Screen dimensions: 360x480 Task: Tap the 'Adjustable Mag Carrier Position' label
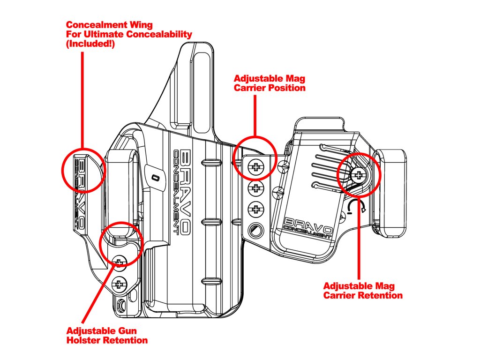[270, 83]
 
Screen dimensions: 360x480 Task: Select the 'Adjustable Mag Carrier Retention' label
[363, 291]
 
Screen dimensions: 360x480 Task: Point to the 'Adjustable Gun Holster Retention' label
[107, 335]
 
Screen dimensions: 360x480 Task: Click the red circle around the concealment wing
[83, 171]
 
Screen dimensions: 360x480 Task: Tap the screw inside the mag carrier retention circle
[359, 176]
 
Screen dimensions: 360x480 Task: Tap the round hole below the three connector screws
[255, 230]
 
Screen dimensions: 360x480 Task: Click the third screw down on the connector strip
[255, 208]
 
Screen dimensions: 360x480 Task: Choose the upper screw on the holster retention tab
[120, 262]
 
